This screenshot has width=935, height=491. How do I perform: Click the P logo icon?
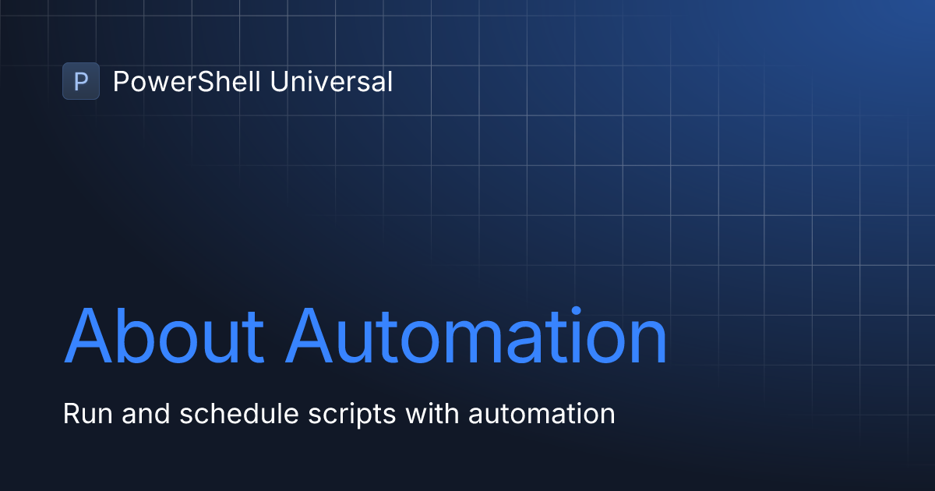[81, 81]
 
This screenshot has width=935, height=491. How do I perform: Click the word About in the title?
[164, 337]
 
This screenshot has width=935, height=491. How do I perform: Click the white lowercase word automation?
[542, 414]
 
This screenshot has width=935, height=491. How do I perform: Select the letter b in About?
[137, 337]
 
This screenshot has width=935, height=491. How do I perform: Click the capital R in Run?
[70, 414]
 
